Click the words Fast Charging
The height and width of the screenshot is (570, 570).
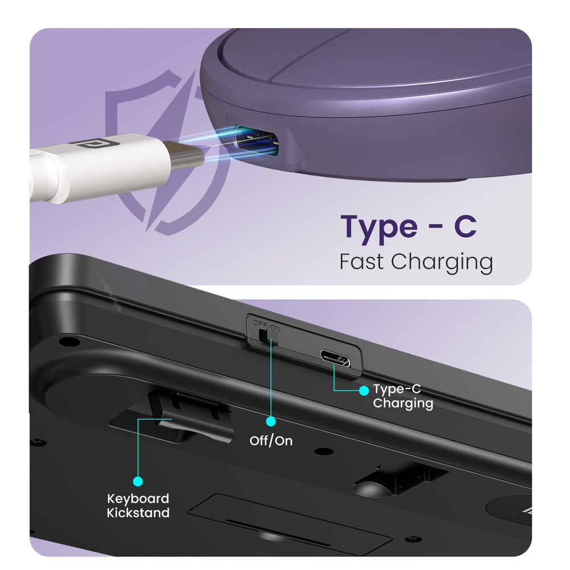click(416, 262)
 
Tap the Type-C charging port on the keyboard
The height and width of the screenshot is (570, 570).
click(335, 358)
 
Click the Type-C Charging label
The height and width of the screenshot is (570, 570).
click(403, 396)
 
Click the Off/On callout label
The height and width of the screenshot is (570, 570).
click(271, 441)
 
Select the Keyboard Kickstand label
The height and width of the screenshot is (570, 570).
click(138, 505)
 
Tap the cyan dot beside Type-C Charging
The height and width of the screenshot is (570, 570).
click(364, 391)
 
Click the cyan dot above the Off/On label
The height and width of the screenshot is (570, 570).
click(271, 421)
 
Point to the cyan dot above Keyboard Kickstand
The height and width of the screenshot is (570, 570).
click(138, 481)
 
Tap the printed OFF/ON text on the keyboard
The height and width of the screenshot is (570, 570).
click(267, 325)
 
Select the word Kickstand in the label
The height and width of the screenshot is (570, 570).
click(138, 512)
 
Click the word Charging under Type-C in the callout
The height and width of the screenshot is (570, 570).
click(403, 404)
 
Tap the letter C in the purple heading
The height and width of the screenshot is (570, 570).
click(465, 226)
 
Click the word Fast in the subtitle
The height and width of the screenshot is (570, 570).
click(361, 261)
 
